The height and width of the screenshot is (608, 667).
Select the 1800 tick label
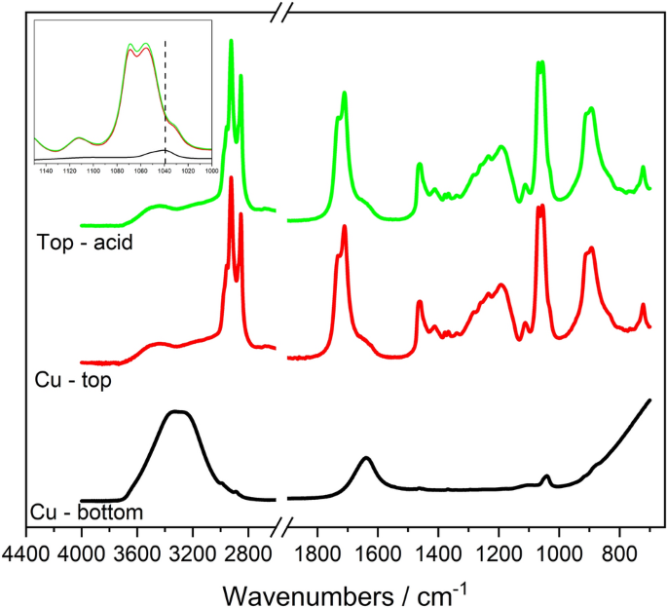tap(317, 552)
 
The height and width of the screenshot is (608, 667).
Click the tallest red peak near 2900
tap(231, 178)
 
